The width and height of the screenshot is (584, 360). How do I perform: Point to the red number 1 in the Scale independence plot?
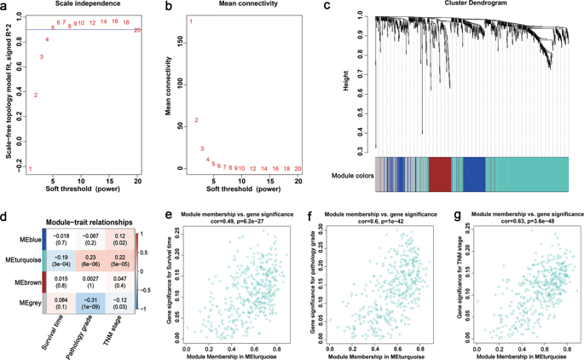coord(31,168)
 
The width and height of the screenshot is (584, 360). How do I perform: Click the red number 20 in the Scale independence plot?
coord(138,30)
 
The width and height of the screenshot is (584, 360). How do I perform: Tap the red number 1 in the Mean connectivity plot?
coord(191,21)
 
